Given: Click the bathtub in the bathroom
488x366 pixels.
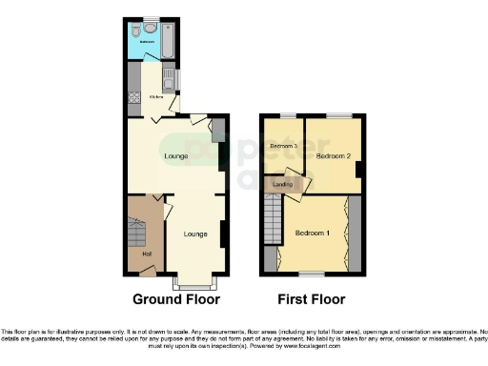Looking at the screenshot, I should [170, 39].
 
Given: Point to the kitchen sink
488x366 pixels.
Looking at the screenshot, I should [168, 78].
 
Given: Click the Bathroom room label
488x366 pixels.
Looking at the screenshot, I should [148, 42].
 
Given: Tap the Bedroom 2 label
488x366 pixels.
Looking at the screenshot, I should [335, 154].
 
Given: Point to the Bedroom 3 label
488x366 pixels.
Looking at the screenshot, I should [282, 145].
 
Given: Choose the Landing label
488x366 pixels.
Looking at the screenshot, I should [282, 183].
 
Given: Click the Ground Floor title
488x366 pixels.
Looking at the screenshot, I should [175, 298].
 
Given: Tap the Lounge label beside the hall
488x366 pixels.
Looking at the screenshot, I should [195, 234].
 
